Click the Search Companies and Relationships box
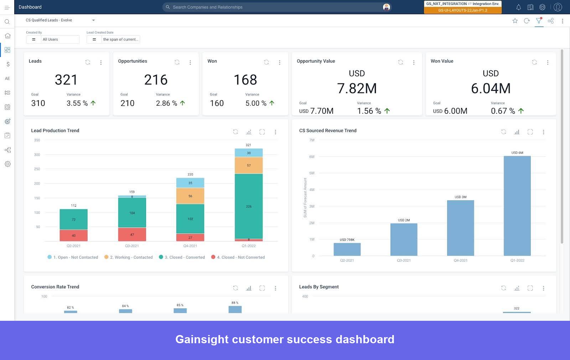[x=274, y=7]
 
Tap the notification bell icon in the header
[x=518, y=7]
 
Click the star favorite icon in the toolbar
[x=515, y=21]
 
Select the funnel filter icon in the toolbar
[x=539, y=21]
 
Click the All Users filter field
[x=60, y=40]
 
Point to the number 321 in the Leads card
[x=66, y=80]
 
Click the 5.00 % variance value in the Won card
[x=255, y=103]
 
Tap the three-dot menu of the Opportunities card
[x=190, y=62]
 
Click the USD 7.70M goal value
[x=316, y=111]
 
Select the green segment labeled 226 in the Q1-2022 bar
[x=249, y=206]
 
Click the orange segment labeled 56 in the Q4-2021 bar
[x=190, y=196]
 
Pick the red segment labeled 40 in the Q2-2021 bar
[x=74, y=236]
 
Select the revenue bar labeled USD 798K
[x=347, y=249]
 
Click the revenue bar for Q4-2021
[x=460, y=228]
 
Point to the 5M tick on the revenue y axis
[x=312, y=173]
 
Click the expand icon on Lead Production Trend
[x=262, y=132]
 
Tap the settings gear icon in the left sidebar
[x=7, y=164]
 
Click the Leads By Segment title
[x=319, y=287]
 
